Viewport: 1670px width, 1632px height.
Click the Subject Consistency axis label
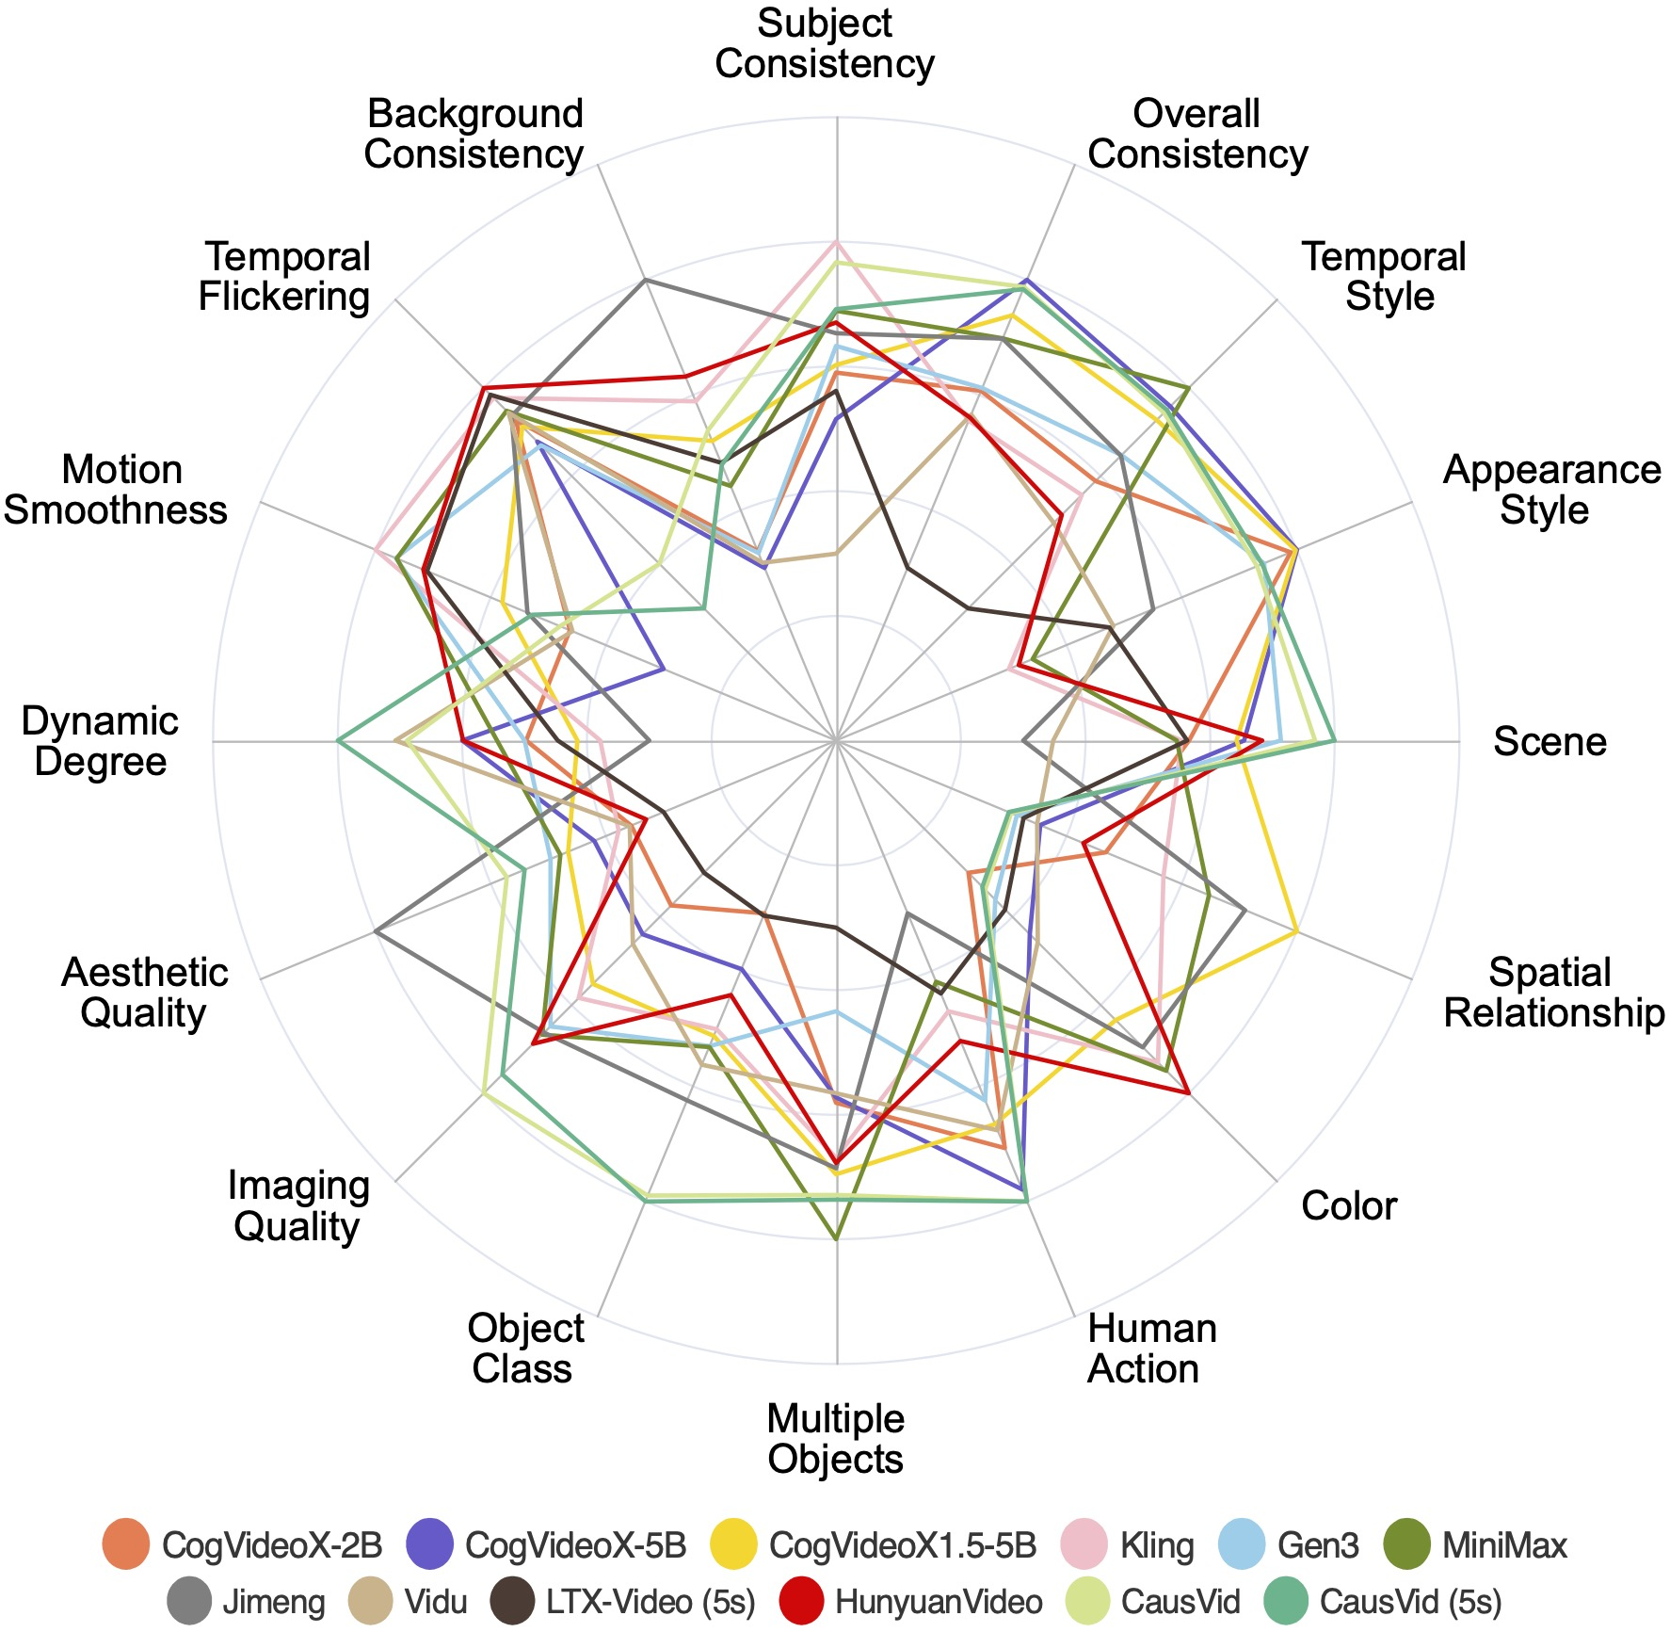[825, 44]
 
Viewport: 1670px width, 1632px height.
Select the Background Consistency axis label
[474, 134]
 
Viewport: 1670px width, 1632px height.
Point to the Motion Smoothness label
[116, 490]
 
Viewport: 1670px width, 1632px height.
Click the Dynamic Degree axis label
[100, 741]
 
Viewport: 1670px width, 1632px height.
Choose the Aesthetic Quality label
[144, 993]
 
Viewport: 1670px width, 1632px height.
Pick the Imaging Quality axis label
[297, 1206]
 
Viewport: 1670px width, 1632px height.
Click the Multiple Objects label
[835, 1439]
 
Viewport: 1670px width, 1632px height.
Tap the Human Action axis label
[1151, 1349]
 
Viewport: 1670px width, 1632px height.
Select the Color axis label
[1348, 1206]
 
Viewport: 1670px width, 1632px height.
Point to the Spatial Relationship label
[1553, 993]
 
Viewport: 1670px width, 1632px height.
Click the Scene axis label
[1550, 742]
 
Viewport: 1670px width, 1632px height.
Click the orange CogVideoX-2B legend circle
[126, 1545]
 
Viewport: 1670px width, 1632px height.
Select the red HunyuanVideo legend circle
[803, 1602]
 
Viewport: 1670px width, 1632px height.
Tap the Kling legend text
[1157, 1545]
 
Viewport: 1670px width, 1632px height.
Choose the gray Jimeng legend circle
[190, 1602]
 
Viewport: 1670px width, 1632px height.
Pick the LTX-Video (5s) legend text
[650, 1602]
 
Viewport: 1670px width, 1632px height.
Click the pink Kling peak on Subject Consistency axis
[836, 243]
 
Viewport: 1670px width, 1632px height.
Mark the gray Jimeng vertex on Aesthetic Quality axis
[376, 931]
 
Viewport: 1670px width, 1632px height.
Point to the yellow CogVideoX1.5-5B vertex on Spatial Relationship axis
[1296, 931]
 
